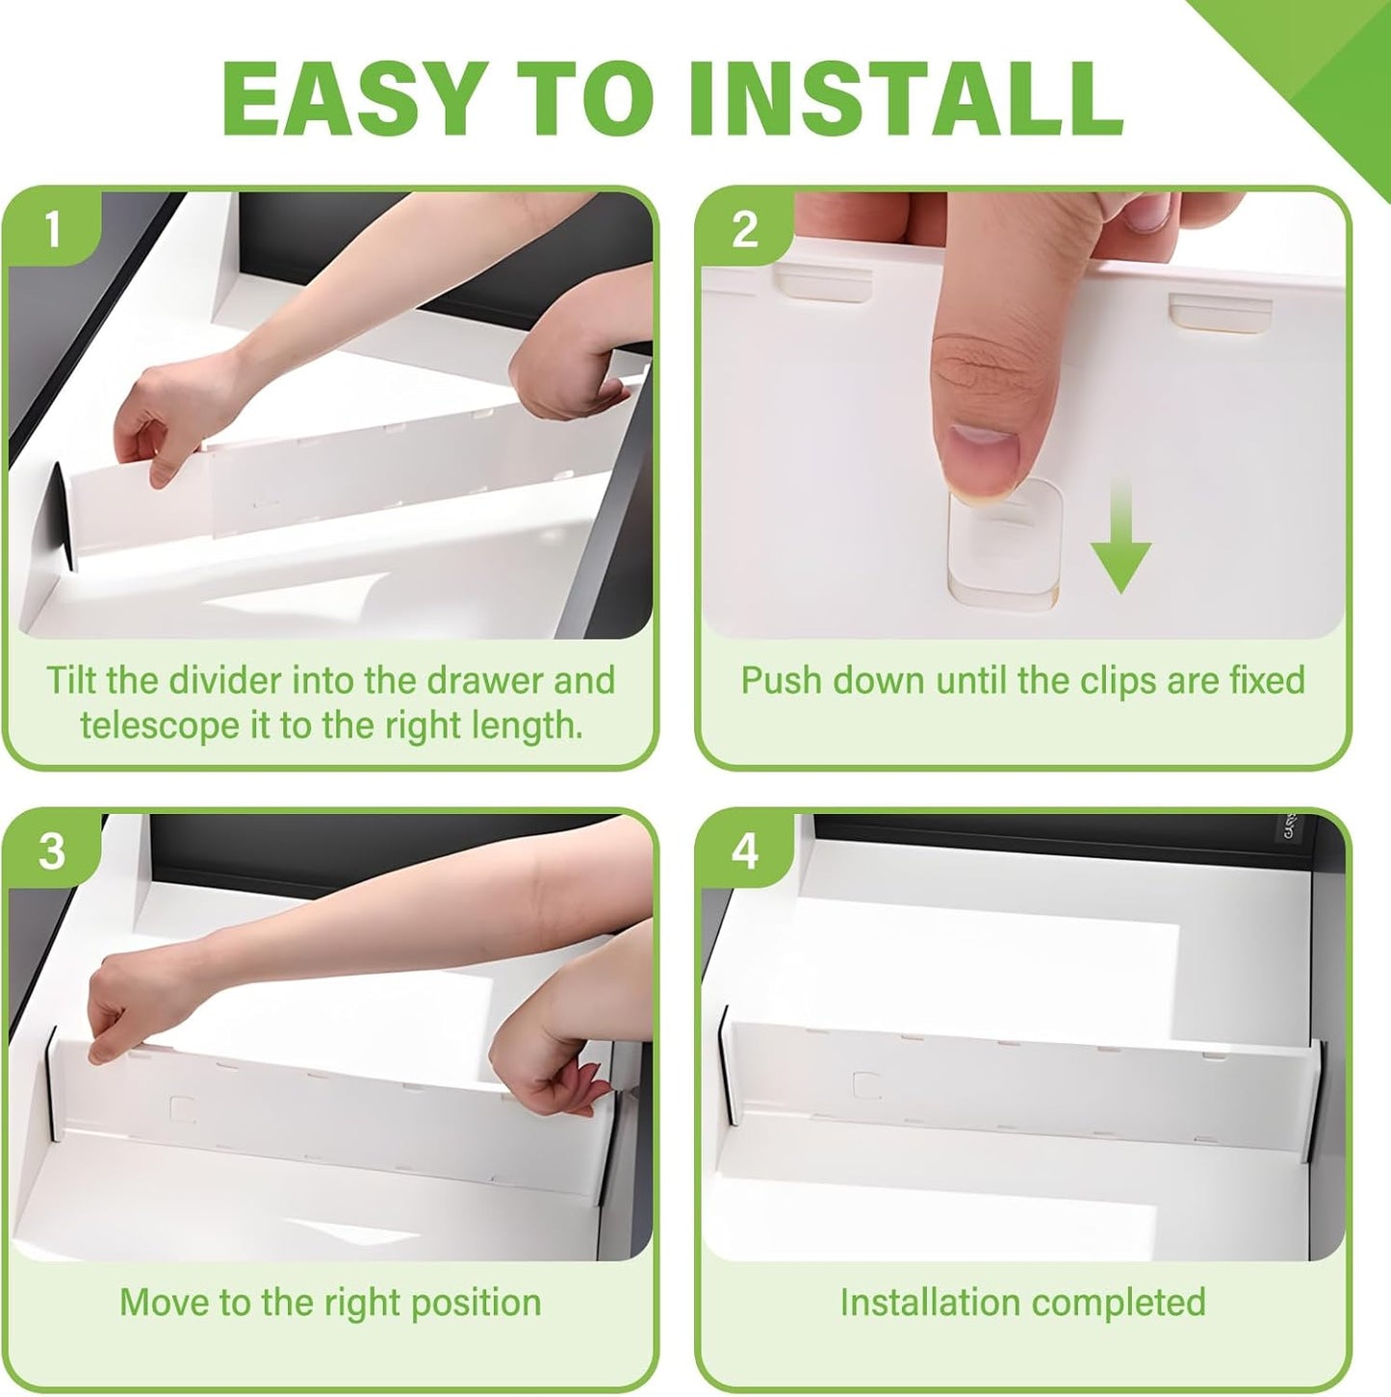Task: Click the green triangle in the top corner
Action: tap(1328, 58)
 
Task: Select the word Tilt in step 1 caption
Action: tap(70, 680)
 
